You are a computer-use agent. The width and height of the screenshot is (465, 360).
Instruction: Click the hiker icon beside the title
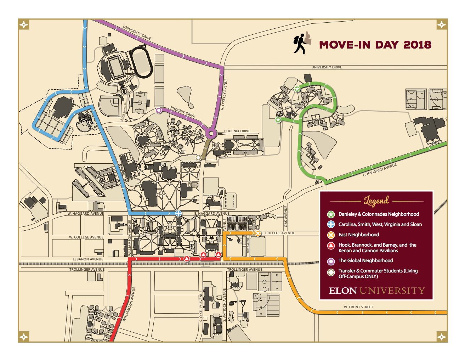click(x=302, y=43)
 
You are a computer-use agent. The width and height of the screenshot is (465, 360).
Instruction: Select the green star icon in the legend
click(x=331, y=214)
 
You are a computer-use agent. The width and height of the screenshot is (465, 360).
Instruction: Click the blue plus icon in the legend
click(x=331, y=224)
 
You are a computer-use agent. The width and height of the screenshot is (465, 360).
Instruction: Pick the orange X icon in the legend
click(x=331, y=235)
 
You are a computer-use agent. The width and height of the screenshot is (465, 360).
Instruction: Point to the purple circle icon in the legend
click(x=331, y=261)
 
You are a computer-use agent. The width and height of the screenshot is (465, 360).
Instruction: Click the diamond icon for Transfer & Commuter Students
click(x=331, y=272)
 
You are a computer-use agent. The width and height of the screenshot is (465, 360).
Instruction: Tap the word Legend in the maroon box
click(x=376, y=201)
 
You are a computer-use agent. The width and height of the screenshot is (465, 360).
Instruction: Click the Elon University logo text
click(x=376, y=291)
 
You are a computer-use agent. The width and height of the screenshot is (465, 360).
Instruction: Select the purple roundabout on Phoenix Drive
click(x=211, y=134)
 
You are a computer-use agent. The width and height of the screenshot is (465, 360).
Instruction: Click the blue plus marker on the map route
click(x=178, y=213)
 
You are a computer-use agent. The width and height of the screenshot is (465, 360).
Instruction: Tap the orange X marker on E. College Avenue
click(x=257, y=233)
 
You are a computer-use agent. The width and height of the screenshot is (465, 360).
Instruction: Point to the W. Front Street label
click(x=358, y=307)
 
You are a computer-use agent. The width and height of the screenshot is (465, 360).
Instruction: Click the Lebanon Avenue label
click(x=88, y=259)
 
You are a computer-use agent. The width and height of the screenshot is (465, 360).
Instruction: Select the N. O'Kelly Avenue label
click(x=224, y=94)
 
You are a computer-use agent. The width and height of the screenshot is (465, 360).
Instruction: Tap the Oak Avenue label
click(x=286, y=216)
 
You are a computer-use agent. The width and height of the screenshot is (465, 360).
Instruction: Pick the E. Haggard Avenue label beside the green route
click(x=380, y=170)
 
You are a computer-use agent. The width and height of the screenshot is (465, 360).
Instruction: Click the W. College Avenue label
click(x=86, y=237)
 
